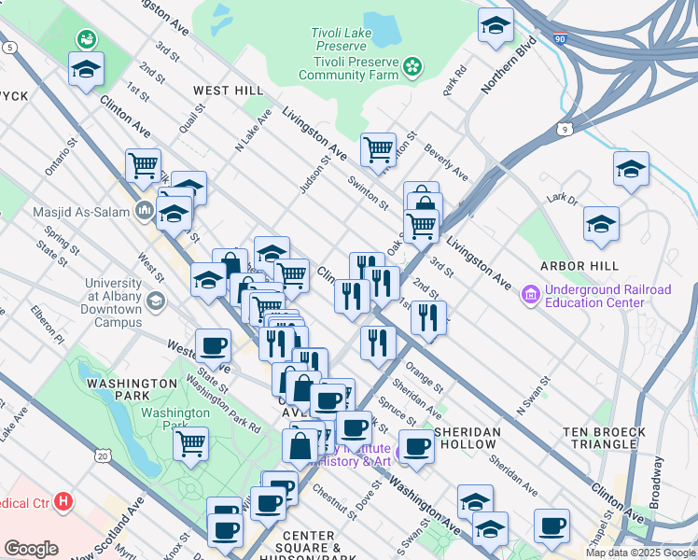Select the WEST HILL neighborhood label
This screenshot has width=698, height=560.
(x=229, y=91)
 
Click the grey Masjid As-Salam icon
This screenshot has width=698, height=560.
(x=144, y=210)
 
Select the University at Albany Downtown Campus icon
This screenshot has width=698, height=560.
(x=156, y=301)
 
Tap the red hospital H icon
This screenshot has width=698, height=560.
(x=63, y=502)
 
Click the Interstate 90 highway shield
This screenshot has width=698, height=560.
(x=559, y=42)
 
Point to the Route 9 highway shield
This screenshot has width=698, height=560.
(x=566, y=130)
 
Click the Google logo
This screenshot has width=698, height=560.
(x=31, y=549)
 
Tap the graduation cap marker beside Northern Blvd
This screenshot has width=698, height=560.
(x=496, y=26)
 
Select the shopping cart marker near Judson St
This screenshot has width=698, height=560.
(x=378, y=148)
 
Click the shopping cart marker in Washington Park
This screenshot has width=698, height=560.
(x=191, y=442)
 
